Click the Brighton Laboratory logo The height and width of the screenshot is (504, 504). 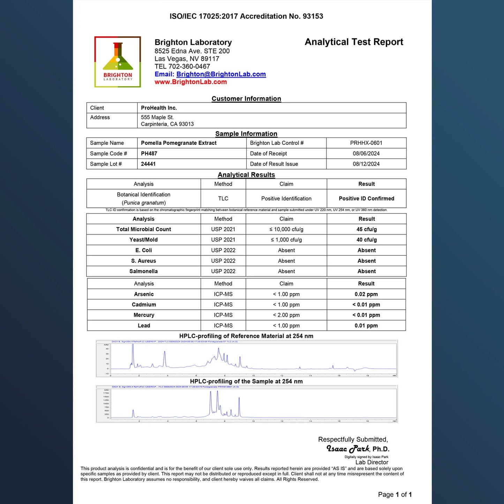(x=118, y=62)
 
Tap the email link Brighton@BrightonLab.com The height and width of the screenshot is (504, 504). (x=221, y=74)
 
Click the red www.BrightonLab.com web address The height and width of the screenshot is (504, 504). (x=190, y=82)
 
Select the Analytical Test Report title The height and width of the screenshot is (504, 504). (x=354, y=42)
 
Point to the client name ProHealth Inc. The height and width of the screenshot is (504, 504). (x=159, y=108)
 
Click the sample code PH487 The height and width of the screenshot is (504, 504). (x=149, y=153)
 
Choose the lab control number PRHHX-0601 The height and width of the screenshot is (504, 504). (x=366, y=143)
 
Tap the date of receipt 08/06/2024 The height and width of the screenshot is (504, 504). (x=366, y=153)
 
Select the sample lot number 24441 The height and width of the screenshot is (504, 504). (x=148, y=164)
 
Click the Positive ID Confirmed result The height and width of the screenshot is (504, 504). (x=366, y=198)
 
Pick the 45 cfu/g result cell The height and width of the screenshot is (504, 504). (x=366, y=229)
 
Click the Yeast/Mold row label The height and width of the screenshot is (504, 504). (x=143, y=240)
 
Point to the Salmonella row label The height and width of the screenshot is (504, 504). (x=143, y=271)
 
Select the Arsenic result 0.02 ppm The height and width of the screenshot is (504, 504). (x=366, y=294)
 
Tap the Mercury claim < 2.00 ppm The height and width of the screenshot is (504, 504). (x=286, y=315)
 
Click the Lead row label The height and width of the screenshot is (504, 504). (x=144, y=326)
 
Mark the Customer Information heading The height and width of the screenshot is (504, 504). (x=246, y=99)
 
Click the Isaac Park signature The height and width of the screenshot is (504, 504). (x=348, y=449)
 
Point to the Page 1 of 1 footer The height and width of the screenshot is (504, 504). (x=394, y=495)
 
